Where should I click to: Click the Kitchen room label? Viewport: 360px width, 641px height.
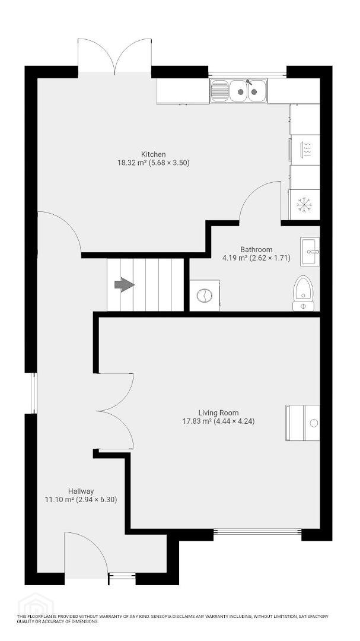(x=153, y=154)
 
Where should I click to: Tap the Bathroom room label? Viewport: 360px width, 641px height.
(x=256, y=249)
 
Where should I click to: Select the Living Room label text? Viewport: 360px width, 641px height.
(x=219, y=413)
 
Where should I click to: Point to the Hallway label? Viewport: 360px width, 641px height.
(x=81, y=491)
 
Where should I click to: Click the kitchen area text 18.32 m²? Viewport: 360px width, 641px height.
(x=132, y=163)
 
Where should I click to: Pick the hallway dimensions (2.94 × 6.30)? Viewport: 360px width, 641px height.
(x=97, y=499)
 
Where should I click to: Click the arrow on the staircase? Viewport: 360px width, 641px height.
(x=124, y=285)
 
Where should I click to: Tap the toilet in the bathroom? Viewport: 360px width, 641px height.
(x=303, y=293)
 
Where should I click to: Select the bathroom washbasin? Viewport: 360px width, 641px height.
(x=310, y=252)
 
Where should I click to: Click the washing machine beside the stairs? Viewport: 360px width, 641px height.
(x=204, y=296)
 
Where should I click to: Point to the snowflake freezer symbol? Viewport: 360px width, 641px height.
(x=304, y=204)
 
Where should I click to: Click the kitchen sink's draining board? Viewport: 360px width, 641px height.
(x=219, y=90)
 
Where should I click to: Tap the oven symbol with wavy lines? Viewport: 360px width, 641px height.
(x=305, y=150)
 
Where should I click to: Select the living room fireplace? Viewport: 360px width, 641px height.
(x=302, y=423)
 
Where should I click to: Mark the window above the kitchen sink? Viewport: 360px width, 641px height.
(x=247, y=74)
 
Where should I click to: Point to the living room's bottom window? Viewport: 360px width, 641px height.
(x=257, y=531)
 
